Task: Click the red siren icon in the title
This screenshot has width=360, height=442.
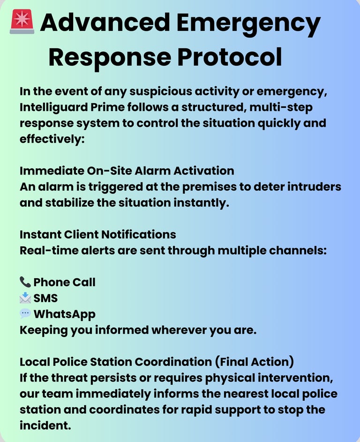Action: tap(22, 23)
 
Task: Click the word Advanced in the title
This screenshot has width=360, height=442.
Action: tap(105, 23)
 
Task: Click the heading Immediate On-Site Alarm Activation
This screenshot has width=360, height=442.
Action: tap(127, 170)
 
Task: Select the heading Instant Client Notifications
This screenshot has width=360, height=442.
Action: tap(98, 234)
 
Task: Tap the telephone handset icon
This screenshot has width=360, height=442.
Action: tap(25, 282)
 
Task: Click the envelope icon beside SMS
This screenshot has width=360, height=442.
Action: tap(25, 298)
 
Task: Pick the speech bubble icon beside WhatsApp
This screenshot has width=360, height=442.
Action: tap(25, 313)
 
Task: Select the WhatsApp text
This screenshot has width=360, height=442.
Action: tap(64, 314)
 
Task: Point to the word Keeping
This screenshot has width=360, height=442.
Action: tap(43, 330)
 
